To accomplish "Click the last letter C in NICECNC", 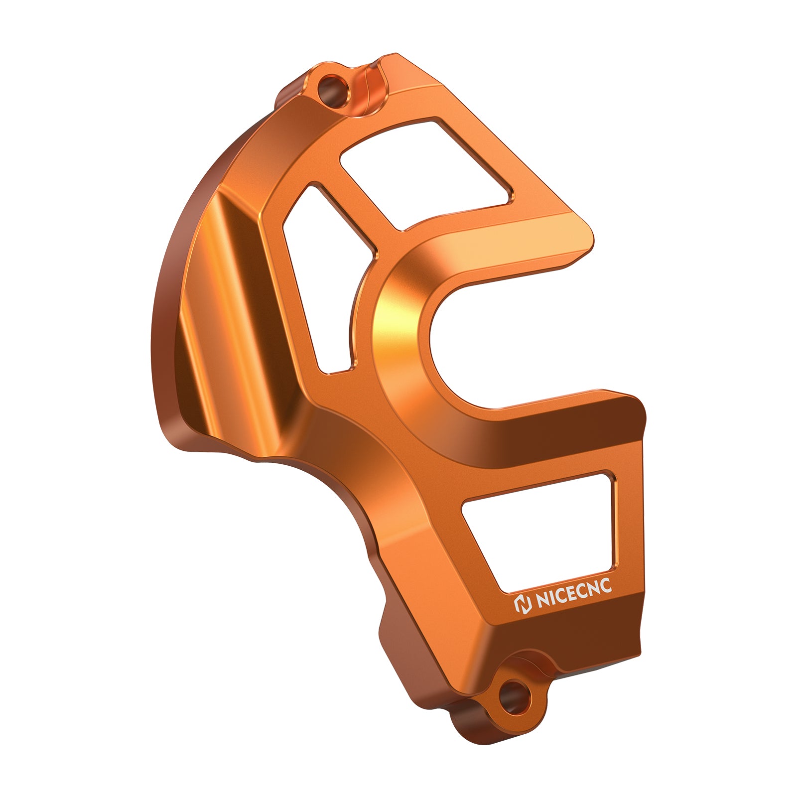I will point(605,588).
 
